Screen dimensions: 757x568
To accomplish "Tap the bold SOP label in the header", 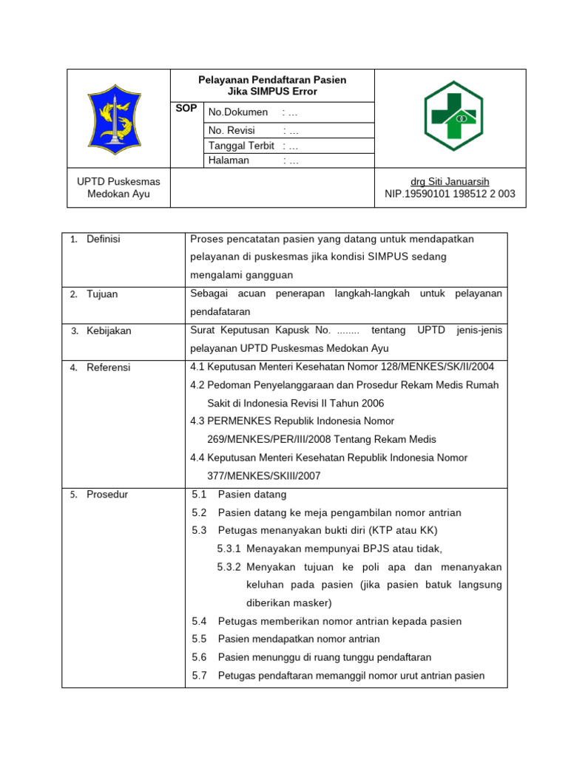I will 186,109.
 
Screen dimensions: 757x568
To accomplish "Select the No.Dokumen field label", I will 237,112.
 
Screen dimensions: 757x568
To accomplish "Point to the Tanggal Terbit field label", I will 241,146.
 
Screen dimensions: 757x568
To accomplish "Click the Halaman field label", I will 229,160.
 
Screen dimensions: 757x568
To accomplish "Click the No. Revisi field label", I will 233,130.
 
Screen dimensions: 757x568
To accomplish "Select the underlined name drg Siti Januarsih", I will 450,182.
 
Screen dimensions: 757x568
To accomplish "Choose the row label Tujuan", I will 102,294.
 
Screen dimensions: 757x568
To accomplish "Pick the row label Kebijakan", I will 109,330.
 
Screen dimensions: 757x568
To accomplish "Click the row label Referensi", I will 108,367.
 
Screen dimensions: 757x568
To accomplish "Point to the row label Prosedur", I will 107,495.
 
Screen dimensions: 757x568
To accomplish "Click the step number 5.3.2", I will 229,567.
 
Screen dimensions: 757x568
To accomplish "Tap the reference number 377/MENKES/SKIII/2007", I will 263,476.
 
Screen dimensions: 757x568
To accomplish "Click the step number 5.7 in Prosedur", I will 198,675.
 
